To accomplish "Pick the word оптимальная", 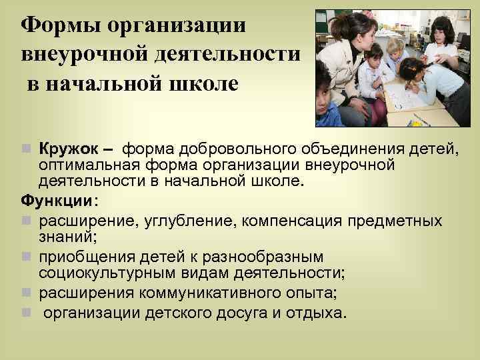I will [x=84, y=163].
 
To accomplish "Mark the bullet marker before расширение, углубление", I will [x=27, y=221].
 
